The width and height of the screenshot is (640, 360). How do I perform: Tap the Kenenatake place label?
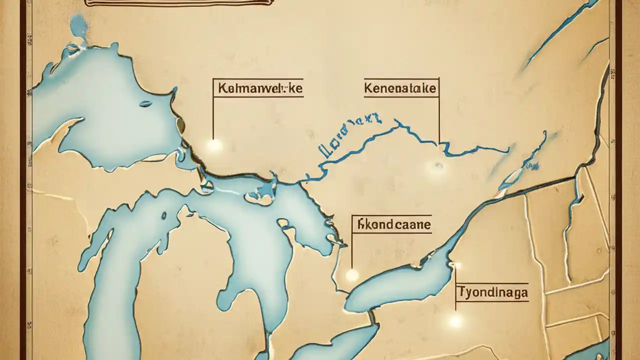[400, 89]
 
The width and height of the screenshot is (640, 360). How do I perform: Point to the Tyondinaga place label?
[492, 292]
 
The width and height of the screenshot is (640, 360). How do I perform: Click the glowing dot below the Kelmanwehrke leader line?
[214, 145]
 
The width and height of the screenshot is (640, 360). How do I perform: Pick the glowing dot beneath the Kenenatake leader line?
[436, 166]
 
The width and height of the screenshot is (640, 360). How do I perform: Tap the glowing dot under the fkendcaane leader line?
[352, 274]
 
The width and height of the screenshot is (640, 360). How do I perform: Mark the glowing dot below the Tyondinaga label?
[455, 320]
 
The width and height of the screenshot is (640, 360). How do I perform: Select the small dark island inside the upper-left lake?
[145, 104]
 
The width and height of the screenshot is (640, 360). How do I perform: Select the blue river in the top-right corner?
[555, 35]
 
